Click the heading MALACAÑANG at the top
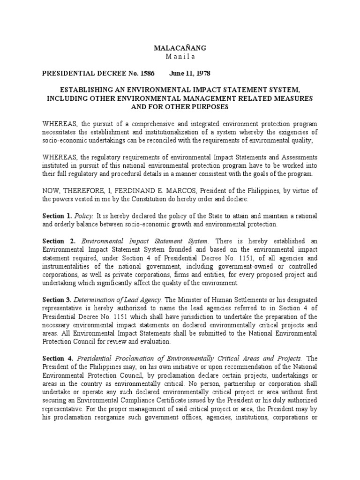(x=180, y=48)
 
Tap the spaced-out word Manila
(x=180, y=57)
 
